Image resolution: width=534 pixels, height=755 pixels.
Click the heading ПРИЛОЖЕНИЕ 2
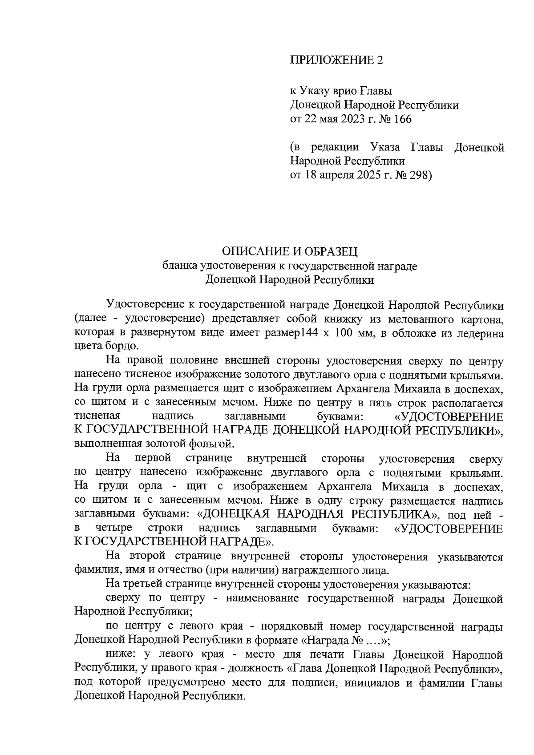(x=336, y=60)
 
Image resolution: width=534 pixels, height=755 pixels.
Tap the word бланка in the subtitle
(x=179, y=266)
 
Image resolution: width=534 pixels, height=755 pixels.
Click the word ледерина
(x=481, y=333)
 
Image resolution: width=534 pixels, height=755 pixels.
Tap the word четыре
(x=113, y=528)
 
